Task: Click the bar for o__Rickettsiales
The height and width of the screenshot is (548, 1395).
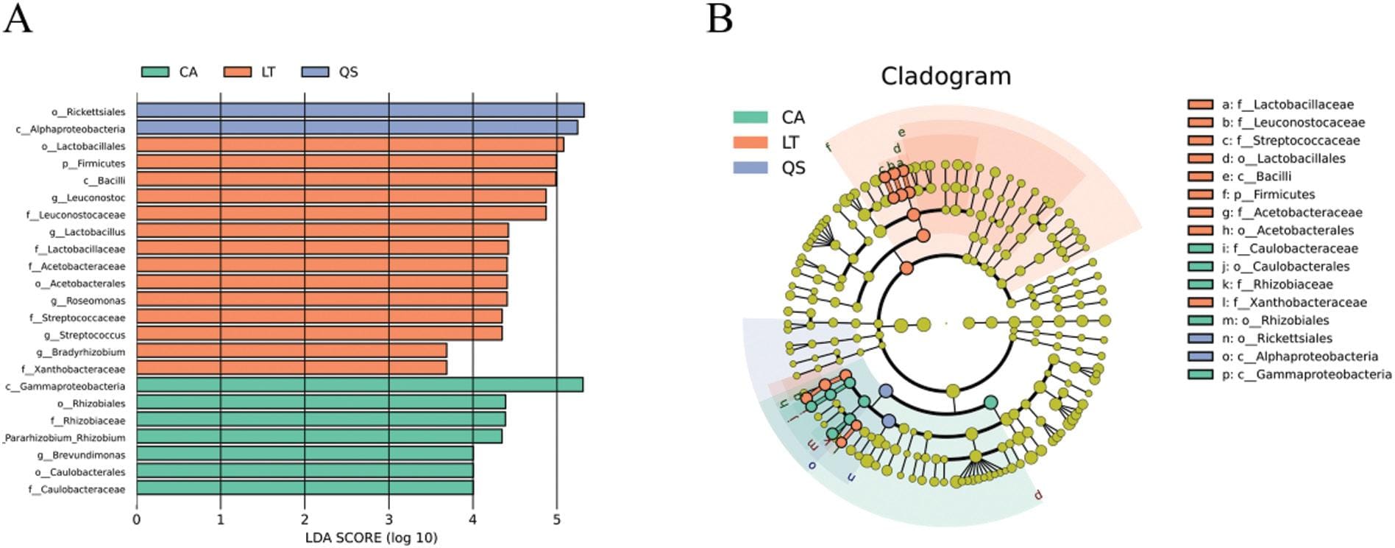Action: coord(360,110)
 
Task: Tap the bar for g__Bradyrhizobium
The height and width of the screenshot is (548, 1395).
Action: coord(291,351)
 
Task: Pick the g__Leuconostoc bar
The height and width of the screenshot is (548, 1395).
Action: coord(341,196)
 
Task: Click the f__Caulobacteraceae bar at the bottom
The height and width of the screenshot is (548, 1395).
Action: coord(305,488)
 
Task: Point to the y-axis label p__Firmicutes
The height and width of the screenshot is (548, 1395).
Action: coord(93,164)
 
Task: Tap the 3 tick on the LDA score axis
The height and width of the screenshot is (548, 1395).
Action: coord(388,520)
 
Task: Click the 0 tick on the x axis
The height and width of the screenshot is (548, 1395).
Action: coord(136,520)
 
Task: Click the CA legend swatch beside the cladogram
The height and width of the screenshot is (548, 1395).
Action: coord(750,117)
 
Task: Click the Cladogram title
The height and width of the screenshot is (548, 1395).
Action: coord(945,76)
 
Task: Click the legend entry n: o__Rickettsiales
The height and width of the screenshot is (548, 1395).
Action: coord(1277,338)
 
